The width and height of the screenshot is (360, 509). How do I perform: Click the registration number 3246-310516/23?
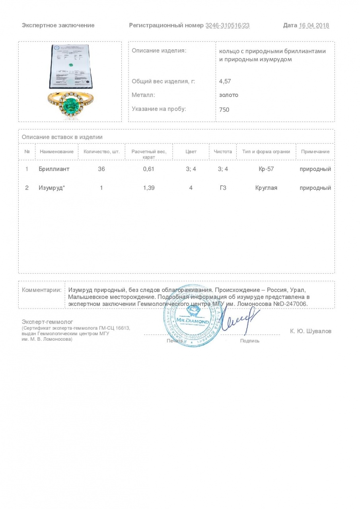pos(228,25)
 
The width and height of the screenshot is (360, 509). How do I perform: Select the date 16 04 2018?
pos(314,25)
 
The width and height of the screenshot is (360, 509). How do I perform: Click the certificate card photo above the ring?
pos(70,66)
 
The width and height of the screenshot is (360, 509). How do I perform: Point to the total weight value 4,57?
pos(225,81)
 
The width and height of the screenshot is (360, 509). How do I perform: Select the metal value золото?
pos(229,95)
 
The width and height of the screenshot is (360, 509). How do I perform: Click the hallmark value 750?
pos(224,109)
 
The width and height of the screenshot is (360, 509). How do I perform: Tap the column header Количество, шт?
pos(101,152)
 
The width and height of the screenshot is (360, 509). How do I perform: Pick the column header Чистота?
pos(223,152)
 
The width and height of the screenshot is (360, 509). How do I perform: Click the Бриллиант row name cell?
pos(54,169)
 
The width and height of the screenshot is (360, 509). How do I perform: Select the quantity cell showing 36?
pos(101,169)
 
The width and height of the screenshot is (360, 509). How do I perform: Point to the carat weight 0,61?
pos(149,169)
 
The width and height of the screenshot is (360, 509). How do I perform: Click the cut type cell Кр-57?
pos(266,169)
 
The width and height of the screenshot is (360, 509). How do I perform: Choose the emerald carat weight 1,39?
pos(149,188)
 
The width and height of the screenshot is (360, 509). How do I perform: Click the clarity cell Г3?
pos(223,188)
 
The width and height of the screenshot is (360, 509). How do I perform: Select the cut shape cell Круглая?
pos(266,188)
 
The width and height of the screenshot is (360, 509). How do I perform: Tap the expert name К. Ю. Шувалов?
pos(311,331)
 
